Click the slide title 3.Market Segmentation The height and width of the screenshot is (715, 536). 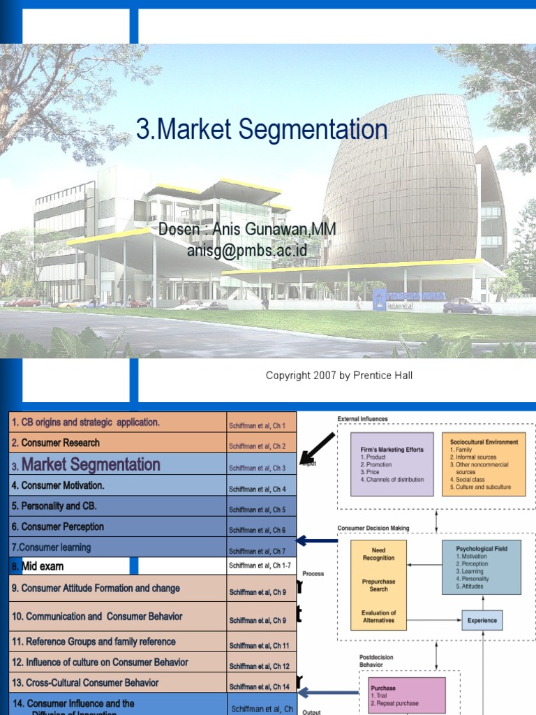point(262,130)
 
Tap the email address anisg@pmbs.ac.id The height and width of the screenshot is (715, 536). point(247,250)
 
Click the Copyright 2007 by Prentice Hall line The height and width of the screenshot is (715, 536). point(338,376)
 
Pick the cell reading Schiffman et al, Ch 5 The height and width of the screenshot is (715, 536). point(257,510)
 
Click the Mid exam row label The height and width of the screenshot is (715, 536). point(43,566)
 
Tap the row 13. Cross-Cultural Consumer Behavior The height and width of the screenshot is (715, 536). point(84,683)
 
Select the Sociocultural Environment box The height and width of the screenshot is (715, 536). point(484,464)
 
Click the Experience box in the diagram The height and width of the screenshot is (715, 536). point(482,620)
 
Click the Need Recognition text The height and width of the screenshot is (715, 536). point(379,554)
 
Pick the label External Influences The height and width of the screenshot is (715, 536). point(363,419)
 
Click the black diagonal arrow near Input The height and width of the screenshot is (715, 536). point(318,448)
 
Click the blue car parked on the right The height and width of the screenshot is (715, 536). point(467,305)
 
